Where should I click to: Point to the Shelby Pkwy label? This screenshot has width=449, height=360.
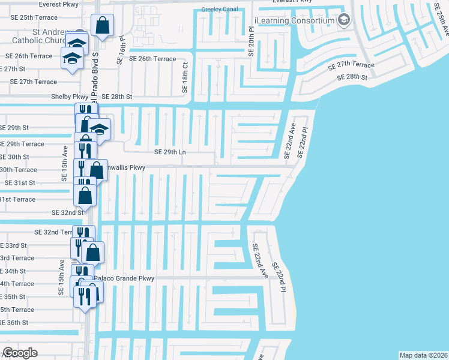click(71, 97)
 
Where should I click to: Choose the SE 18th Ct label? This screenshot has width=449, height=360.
click(184, 77)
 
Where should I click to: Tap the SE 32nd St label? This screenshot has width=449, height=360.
click(67, 212)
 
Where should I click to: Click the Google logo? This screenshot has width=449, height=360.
click(20, 353)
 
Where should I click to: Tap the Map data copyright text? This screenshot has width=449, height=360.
click(423, 355)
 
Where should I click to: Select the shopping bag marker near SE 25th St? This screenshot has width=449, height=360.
click(102, 26)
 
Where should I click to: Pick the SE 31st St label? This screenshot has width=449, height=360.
click(20, 182)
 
